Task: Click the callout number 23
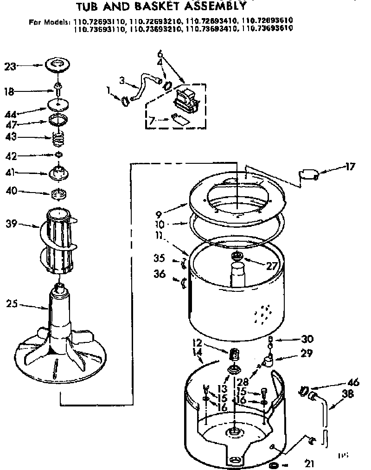pos(10,66)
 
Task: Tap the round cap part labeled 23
pos(58,64)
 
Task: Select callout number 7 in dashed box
pos(151,122)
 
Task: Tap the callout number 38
pos(347,396)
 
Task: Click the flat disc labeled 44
pos(59,106)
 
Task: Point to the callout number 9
pos(159,215)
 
